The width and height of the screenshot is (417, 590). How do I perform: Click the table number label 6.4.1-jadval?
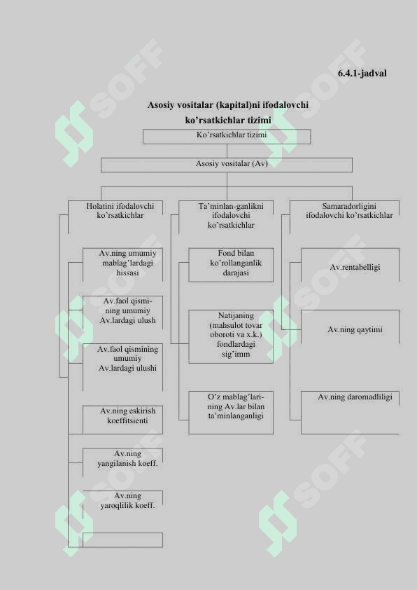click(362, 74)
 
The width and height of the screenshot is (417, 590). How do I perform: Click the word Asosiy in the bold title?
click(161, 105)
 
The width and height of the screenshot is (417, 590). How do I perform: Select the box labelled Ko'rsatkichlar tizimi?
click(227, 137)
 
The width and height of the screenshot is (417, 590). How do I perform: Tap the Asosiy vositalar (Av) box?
click(227, 165)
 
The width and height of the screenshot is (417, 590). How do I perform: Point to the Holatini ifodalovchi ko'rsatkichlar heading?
click(120, 211)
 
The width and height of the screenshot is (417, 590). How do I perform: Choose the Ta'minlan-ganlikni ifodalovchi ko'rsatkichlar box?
click(226, 217)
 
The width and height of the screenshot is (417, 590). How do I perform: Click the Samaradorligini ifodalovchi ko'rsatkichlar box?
click(344, 217)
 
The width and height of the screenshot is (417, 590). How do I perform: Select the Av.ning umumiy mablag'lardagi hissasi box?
click(122, 265)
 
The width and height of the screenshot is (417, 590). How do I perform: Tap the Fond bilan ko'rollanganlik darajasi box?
click(231, 265)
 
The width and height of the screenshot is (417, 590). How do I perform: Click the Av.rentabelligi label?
click(355, 267)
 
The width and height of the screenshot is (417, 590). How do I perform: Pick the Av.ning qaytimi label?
click(355, 329)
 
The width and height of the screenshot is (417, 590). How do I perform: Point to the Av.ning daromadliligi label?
click(355, 397)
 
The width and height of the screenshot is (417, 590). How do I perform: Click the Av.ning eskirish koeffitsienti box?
click(122, 420)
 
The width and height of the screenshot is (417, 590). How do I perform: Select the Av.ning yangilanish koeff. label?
click(128, 459)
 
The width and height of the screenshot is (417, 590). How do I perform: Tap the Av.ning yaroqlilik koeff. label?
click(128, 501)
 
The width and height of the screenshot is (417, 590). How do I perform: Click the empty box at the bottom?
click(122, 540)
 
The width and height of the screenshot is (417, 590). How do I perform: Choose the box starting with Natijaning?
click(231, 336)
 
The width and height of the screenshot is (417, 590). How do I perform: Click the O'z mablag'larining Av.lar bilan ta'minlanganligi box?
click(231, 413)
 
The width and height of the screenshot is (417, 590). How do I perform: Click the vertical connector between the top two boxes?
click(227, 151)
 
